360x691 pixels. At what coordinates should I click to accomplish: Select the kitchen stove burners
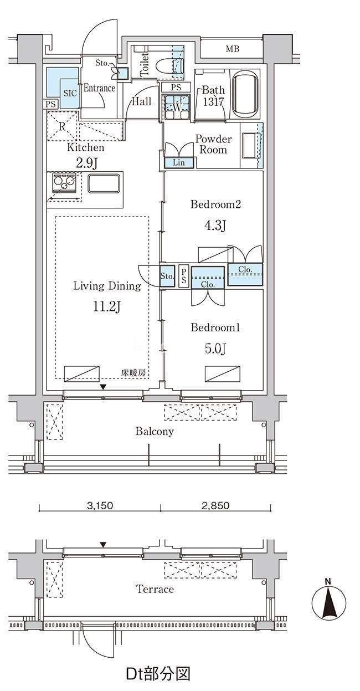click(64, 182)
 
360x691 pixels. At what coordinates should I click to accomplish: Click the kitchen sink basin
click(104, 183)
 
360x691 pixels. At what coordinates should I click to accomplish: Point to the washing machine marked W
click(177, 107)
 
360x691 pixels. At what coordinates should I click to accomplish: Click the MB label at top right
click(233, 49)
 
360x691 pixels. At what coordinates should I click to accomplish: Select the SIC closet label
click(70, 93)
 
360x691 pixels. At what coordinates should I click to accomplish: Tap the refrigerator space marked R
click(63, 126)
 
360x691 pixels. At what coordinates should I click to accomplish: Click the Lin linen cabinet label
click(179, 162)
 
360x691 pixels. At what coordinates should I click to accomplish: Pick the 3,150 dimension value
click(100, 505)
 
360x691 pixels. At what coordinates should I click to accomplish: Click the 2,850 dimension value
click(216, 505)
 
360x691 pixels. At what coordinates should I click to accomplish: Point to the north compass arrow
click(328, 600)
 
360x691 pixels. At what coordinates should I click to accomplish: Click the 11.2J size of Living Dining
click(107, 306)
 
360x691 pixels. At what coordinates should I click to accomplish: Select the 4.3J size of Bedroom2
click(215, 226)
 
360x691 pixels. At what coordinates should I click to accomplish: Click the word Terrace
click(155, 589)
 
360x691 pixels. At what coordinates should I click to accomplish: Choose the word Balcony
click(155, 431)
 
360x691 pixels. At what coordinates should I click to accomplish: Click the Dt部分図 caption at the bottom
click(158, 673)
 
